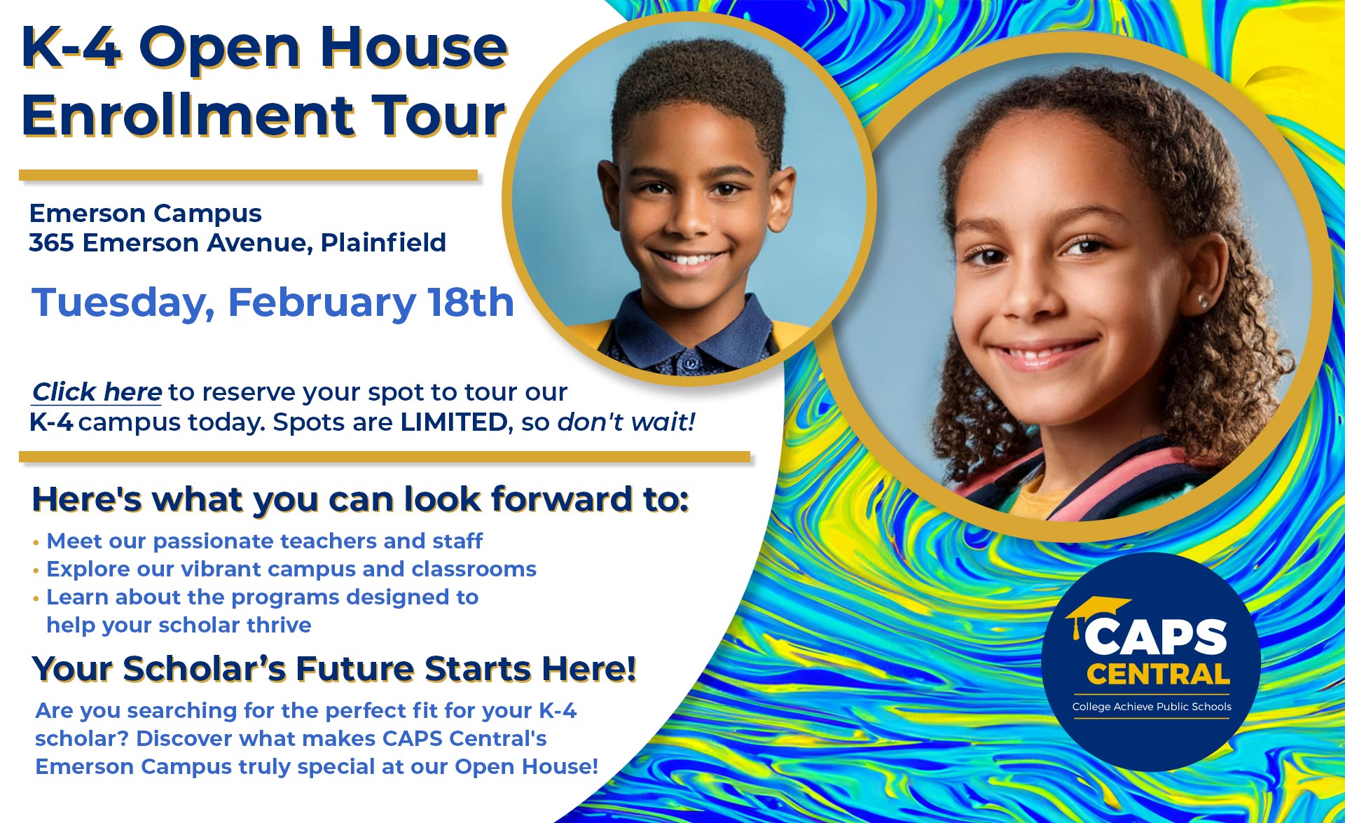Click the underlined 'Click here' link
[97, 392]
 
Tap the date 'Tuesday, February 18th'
[273, 303]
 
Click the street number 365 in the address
[51, 243]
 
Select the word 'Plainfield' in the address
[383, 243]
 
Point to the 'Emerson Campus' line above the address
[146, 213]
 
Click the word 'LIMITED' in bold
[454, 422]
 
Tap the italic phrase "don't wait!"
[626, 422]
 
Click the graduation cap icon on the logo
[1096, 611]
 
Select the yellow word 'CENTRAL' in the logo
[1158, 674]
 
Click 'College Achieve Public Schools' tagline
[1151, 707]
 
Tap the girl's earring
[1202, 302]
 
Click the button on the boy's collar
[691, 363]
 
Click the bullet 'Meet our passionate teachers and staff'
[264, 541]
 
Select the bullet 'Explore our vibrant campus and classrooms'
[291, 569]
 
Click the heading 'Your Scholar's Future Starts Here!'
[334, 668]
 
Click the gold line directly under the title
[248, 175]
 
